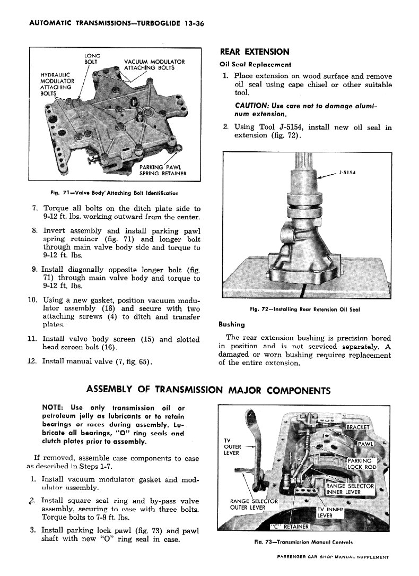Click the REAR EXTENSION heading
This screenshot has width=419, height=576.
click(x=255, y=51)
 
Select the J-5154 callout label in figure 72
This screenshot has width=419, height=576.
click(x=348, y=172)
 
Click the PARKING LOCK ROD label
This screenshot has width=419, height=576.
click(x=361, y=463)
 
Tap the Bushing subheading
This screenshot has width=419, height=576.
click(x=232, y=324)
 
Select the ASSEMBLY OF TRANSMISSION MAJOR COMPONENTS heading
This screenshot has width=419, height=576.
click(x=208, y=391)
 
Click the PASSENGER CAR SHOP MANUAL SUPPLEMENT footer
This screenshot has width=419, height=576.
click(x=333, y=557)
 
